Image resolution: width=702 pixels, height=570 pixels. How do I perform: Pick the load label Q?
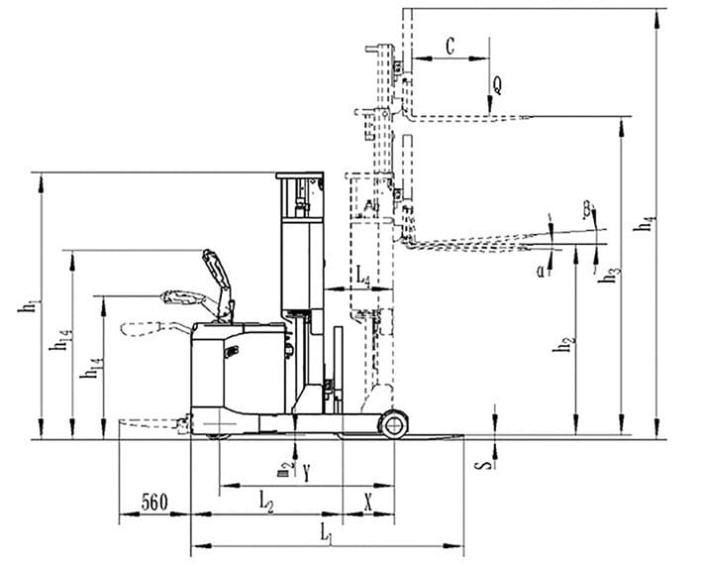click(497, 85)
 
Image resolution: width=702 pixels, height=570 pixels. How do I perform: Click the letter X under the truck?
click(368, 503)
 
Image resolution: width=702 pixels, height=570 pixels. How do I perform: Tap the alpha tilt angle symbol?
click(542, 268)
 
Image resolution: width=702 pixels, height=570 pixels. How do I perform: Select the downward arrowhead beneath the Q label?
click(492, 105)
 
